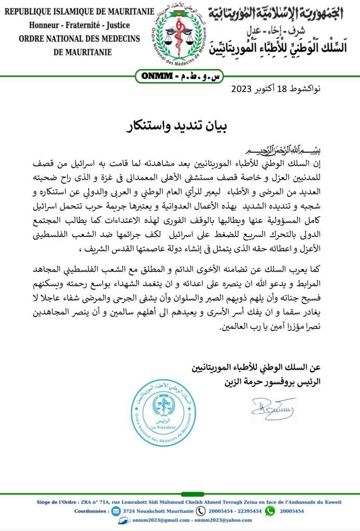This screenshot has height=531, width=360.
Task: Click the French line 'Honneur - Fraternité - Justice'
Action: point(79,25)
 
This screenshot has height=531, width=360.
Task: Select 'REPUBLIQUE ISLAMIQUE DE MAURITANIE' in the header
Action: point(79,11)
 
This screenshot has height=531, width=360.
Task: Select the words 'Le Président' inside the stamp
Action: point(163,427)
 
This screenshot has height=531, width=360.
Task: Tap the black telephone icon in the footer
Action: point(201,511)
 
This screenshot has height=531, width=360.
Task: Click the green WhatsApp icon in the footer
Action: point(270,511)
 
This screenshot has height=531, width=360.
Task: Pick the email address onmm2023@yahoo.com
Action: point(222,521)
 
